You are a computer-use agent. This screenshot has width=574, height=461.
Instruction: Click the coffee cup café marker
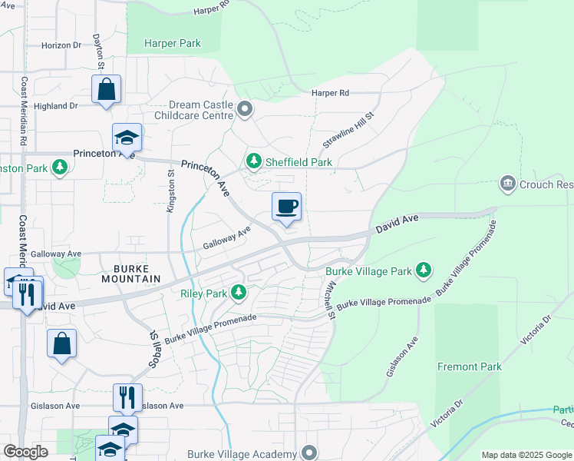[286, 207]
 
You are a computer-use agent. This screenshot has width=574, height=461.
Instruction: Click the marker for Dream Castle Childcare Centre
[245, 109]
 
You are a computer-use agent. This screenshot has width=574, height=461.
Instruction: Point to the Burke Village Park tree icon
[422, 270]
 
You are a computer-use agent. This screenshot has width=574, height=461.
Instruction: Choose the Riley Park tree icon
[239, 293]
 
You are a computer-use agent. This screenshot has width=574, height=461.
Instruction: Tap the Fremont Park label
[470, 366]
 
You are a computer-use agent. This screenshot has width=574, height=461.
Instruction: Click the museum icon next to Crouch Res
[507, 184]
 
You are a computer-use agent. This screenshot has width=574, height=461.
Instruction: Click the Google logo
[25, 451]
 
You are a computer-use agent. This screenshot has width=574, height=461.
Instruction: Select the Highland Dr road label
[56, 106]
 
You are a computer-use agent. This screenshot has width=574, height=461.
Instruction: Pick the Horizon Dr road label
[61, 45]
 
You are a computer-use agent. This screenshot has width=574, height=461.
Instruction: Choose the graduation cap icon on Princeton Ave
[127, 138]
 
